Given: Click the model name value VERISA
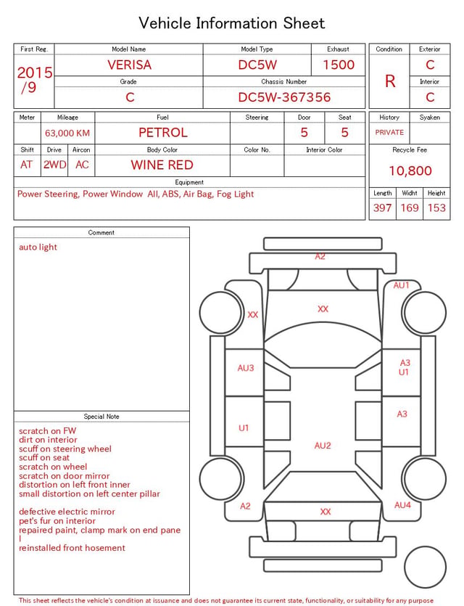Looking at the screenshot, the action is (129, 65).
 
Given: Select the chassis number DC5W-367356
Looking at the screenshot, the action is (284, 97).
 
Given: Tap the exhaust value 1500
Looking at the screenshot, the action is (339, 65).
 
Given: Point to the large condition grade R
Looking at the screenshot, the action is (390, 81).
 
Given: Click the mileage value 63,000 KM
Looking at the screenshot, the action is (67, 134).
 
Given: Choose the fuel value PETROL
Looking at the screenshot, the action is (163, 133).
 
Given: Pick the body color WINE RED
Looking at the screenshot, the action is (162, 165).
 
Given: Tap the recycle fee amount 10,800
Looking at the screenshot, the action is (410, 171).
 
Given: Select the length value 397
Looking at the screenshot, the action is (382, 208).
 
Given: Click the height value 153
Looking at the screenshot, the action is (436, 208).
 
